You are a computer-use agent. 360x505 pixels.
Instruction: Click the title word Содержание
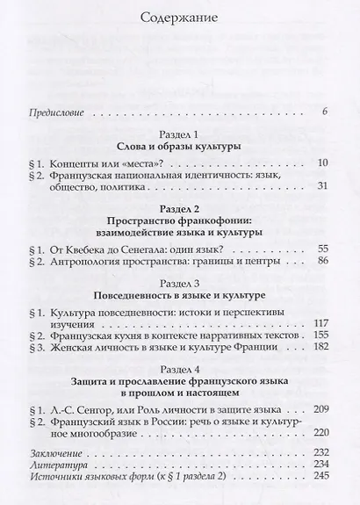click(x=181, y=18)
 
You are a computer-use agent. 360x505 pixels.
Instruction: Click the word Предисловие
click(x=61, y=112)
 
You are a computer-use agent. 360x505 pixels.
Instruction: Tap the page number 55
click(x=320, y=249)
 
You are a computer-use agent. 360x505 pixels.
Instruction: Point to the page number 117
click(x=318, y=322)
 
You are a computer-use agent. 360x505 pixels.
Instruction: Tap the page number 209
click(x=318, y=411)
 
